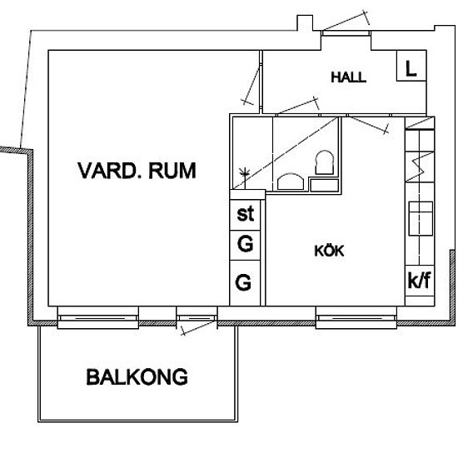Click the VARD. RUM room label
click(137, 172)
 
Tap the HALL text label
click(348, 77)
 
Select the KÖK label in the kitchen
click(329, 251)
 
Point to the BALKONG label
click(137, 377)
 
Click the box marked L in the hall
click(410, 69)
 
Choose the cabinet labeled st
click(245, 214)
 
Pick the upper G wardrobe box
click(245, 246)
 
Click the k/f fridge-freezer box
click(418, 281)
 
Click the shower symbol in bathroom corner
click(244, 174)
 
